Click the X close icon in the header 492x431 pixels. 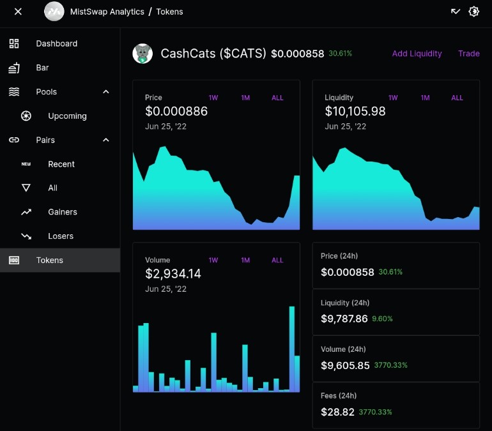coord(18,11)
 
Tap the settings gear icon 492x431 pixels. coord(473,11)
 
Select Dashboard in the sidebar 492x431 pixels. coord(56,43)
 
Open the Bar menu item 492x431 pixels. coord(42,68)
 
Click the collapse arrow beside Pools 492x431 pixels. coord(106,92)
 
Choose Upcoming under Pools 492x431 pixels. coord(67,116)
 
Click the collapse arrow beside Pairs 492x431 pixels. coord(106,140)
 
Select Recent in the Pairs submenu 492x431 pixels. coord(61,164)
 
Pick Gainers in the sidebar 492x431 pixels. coord(63,212)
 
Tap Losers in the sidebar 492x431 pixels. coord(61,236)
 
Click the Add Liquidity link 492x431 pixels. coord(417,54)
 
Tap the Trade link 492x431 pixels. coord(469,54)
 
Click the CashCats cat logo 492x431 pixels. coord(142,54)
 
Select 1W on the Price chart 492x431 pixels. coord(213,98)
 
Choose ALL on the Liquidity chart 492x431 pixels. coord(457,98)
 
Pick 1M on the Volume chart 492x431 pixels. coord(245,260)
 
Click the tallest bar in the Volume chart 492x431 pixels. coord(292,349)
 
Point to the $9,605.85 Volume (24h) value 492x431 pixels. coord(345,365)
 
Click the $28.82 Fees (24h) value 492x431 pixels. coord(337,412)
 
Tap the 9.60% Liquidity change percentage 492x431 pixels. coord(382,319)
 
